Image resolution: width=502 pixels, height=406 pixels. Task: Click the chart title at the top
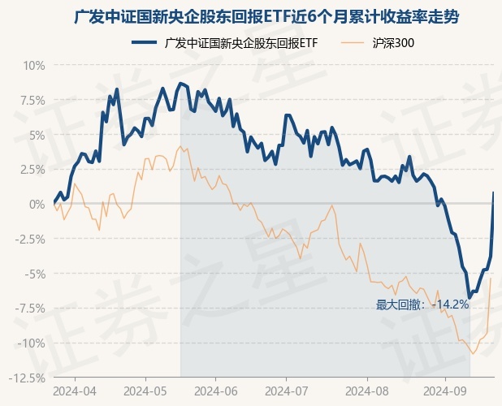[x=271, y=16]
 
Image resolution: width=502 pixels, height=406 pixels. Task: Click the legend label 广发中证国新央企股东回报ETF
[x=240, y=42]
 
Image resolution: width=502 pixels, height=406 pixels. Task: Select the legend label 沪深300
[x=392, y=42]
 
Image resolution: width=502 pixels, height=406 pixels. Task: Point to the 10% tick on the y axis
[x=32, y=65]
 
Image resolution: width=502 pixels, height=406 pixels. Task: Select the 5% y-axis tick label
[x=36, y=135]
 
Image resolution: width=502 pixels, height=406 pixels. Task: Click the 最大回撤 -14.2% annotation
[x=422, y=304]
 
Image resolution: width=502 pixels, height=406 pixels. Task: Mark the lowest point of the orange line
[x=473, y=353]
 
